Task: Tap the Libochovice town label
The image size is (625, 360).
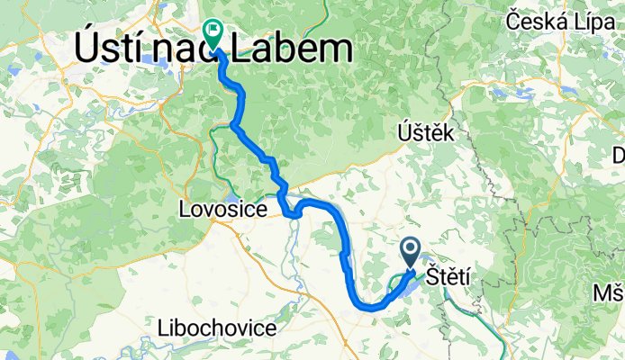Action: click(x=217, y=328)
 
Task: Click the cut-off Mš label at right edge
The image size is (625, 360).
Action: click(x=609, y=293)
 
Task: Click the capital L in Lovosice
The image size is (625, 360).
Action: click(x=186, y=210)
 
